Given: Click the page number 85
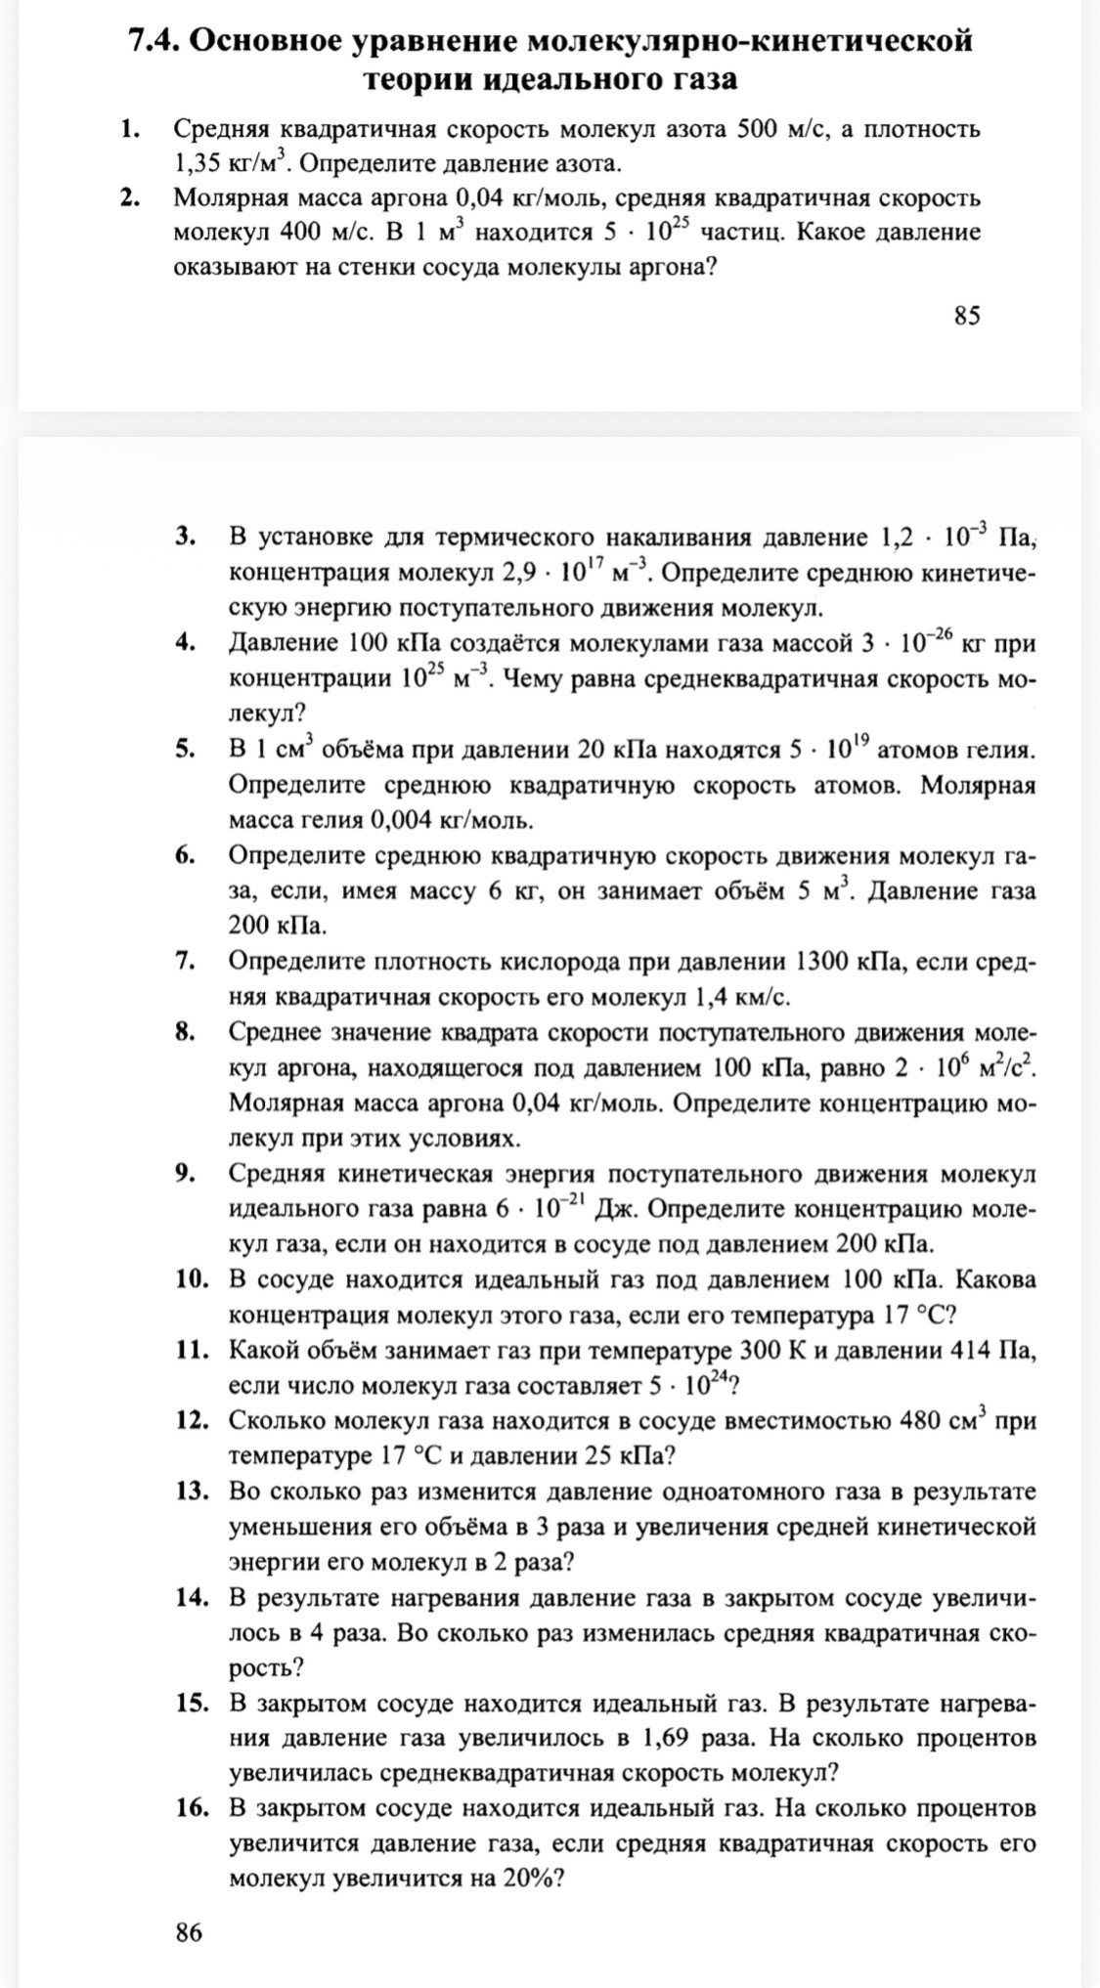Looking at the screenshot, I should tap(966, 315).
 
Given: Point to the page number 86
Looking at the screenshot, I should tap(189, 1932).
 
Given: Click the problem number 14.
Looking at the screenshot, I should tap(194, 1597).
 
